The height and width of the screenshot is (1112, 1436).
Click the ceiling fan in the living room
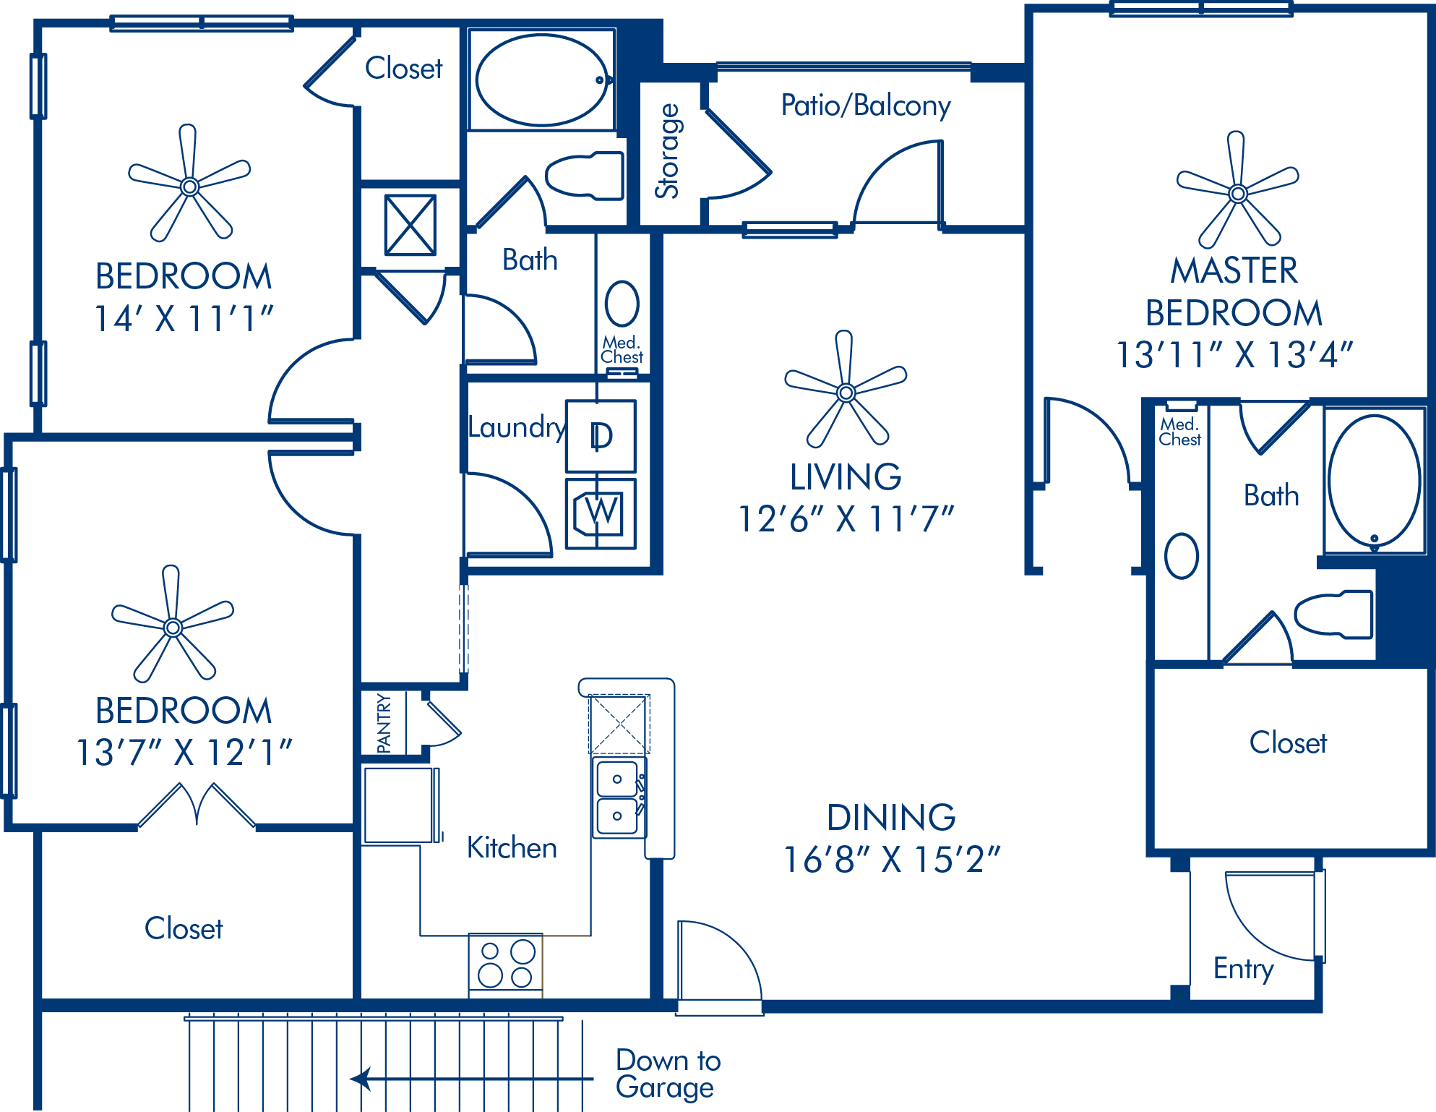pos(846,392)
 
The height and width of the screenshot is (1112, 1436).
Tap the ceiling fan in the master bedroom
pos(1238,193)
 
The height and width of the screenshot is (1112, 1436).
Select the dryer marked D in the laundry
pos(601,436)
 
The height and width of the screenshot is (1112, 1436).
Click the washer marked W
pos(601,513)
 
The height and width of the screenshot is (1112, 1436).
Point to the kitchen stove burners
pos(506,963)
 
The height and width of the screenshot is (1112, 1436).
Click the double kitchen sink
pos(619,797)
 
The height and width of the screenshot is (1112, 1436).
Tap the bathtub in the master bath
pos(1374,481)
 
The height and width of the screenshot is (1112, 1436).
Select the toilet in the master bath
pos(1333,615)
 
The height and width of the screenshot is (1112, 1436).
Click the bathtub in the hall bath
pos(542,80)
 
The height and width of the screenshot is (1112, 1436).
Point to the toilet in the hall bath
pos(585,175)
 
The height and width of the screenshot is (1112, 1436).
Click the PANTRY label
pos(384,723)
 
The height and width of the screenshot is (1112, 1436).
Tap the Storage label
pos(668,151)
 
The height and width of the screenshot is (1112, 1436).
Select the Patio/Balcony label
pos(866,106)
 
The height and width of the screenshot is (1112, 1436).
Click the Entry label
pos(1243,969)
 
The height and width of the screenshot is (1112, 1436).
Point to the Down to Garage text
pos(668,1074)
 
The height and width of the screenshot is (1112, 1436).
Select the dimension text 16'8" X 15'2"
pos(892,860)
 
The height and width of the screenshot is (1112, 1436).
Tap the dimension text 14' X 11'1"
pos(184,319)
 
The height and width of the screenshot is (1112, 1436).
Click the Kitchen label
pos(512,847)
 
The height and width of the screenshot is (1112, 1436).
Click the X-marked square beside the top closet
pos(410,225)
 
